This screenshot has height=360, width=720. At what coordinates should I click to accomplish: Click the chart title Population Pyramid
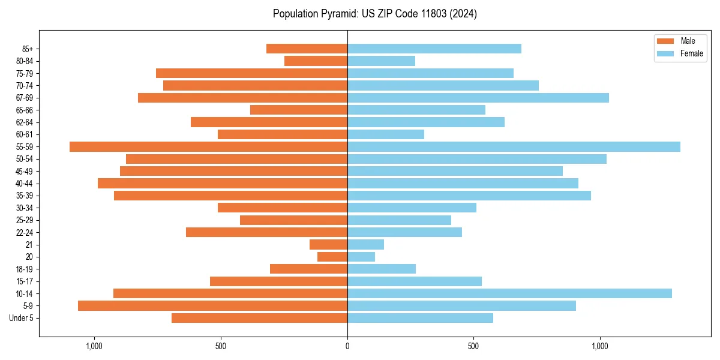coord(374,14)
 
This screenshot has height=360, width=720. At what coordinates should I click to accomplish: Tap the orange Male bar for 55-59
coord(208,146)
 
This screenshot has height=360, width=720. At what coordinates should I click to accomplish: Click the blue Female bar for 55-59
coord(514,146)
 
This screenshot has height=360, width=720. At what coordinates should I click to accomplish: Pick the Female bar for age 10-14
coord(509,293)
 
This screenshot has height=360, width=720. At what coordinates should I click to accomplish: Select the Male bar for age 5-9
coord(212,305)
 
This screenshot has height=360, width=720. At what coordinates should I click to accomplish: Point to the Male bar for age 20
coord(332,257)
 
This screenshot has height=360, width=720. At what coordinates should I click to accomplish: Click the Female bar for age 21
coord(365,244)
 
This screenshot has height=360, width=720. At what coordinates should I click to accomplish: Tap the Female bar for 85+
coord(434,49)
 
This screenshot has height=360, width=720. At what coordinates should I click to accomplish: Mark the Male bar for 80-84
coord(316,61)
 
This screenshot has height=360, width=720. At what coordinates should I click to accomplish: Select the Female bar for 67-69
coord(478,98)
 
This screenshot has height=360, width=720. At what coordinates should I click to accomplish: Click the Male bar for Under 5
coord(259,318)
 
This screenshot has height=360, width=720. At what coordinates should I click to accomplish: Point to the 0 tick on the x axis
coord(347,346)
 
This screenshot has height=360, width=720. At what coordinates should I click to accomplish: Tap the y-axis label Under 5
coord(22,318)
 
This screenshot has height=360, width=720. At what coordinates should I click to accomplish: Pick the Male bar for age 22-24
coord(266,232)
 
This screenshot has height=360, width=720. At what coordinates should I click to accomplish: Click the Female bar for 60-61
coord(386,134)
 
